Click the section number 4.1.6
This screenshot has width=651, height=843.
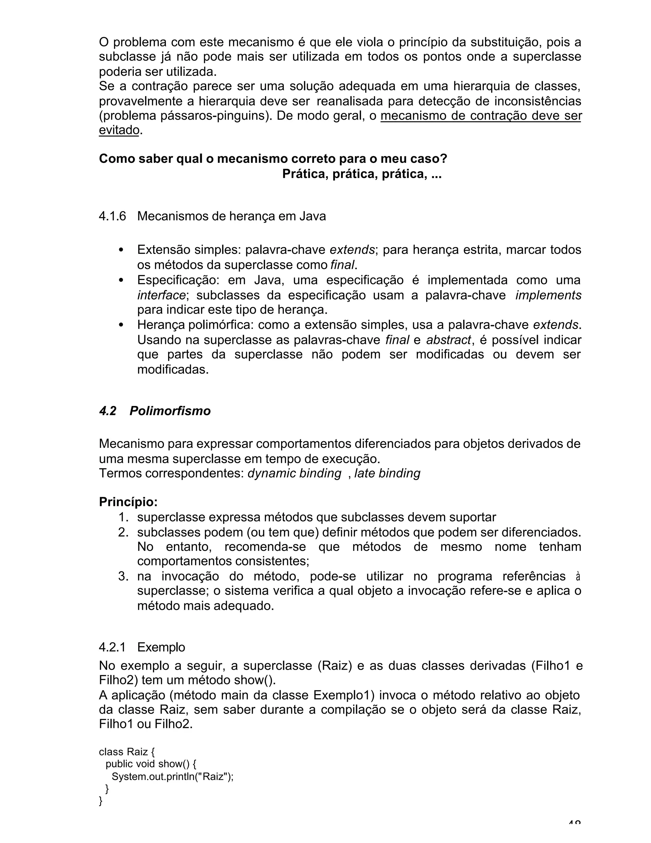(112, 216)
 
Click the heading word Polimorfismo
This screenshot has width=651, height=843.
(170, 411)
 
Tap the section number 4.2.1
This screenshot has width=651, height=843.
(112, 647)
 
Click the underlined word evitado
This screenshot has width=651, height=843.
(119, 130)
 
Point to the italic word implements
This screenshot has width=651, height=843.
(548, 295)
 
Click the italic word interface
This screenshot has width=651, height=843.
(161, 295)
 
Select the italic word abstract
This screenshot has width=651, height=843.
(448, 340)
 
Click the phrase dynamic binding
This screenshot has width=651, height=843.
(294, 473)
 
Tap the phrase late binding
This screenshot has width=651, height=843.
(387, 473)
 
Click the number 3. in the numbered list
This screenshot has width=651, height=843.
(123, 576)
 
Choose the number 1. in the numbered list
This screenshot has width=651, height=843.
(123, 517)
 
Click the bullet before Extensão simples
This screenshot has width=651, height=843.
(121, 250)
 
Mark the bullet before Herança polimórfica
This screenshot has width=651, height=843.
(121, 325)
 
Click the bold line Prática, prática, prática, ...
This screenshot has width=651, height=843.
(362, 174)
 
